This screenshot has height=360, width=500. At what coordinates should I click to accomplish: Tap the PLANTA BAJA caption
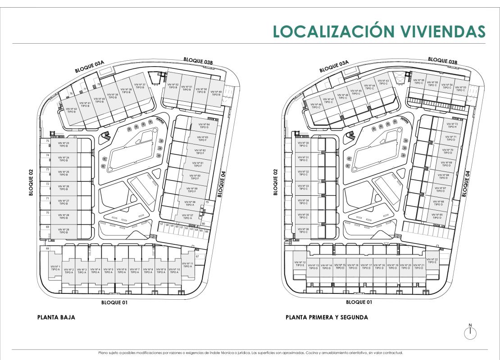pos(56,317)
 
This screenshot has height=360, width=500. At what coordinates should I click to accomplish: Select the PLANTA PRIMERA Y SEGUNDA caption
pos(327,317)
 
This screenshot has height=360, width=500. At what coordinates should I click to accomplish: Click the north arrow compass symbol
pos(470,332)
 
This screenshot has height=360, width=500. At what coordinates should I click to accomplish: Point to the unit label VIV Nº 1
pos(55,268)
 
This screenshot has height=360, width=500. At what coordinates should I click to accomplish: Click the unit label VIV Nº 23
pos(64,145)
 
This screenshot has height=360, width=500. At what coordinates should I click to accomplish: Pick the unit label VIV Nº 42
pos(71,110)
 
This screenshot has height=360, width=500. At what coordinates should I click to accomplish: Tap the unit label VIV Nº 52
pos(173,86)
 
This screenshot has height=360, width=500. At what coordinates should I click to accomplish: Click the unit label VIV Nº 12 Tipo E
pos(300,264)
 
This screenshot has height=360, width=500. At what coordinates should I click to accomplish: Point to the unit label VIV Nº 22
pos(432,261)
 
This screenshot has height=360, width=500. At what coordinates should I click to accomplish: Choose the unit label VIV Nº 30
pos(304,144)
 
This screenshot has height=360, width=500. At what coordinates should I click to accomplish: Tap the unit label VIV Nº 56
pos(419,81)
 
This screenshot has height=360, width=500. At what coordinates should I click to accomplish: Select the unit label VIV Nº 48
pos(316,106)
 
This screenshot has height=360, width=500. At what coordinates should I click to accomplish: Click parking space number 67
pos(197,256)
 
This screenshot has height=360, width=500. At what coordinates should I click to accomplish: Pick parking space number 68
pos(47,248)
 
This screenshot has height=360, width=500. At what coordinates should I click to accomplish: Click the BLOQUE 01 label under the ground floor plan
pos(114,302)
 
